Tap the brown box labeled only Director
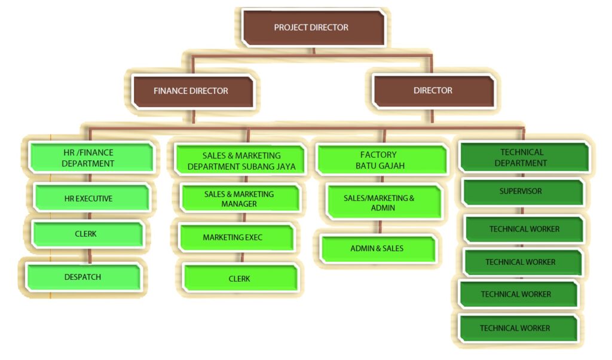point(433,91)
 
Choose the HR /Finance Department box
point(90,158)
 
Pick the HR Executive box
point(90,198)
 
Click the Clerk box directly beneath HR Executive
point(87,234)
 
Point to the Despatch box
point(83,277)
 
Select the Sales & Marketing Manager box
point(239,199)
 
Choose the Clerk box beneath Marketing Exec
point(239,279)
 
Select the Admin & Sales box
point(378,248)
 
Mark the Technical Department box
point(522,157)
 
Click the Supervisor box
point(521,191)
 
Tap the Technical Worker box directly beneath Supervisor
point(524,229)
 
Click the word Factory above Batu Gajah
point(378,155)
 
